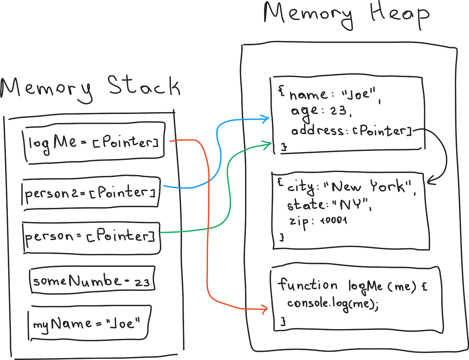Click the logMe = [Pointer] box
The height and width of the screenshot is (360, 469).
click(x=94, y=142)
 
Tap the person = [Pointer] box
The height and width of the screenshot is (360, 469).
click(x=91, y=237)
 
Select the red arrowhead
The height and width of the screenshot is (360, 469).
click(x=264, y=309)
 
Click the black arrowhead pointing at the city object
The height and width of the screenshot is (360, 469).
click(x=431, y=182)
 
